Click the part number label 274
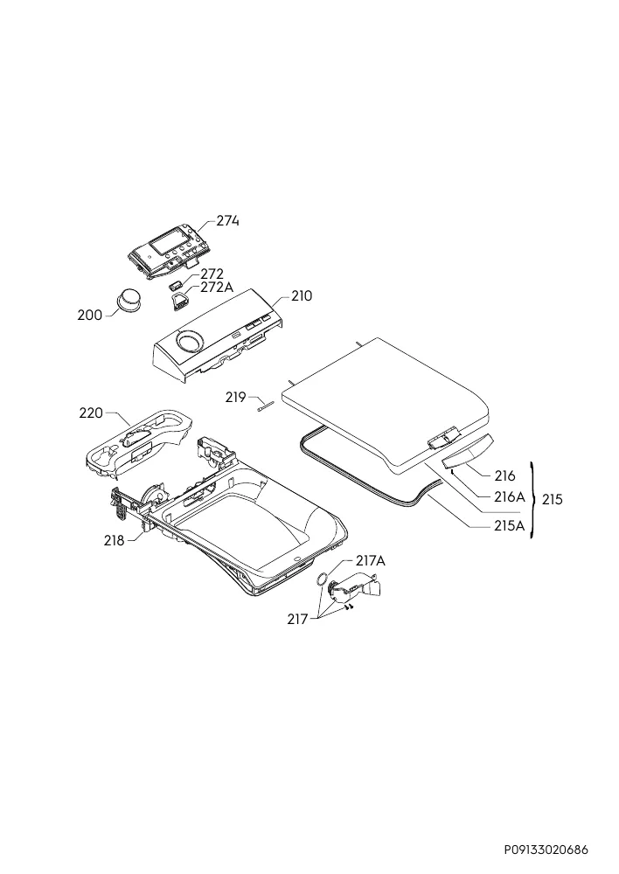point(227,221)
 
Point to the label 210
point(301,296)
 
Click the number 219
point(236,398)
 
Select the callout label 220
point(91,413)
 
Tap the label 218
point(115,540)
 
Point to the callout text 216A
point(509,496)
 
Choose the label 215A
point(509,525)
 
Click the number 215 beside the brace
point(552,499)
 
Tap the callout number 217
point(297,619)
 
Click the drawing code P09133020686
point(546,850)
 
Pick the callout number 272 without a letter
point(212,274)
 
